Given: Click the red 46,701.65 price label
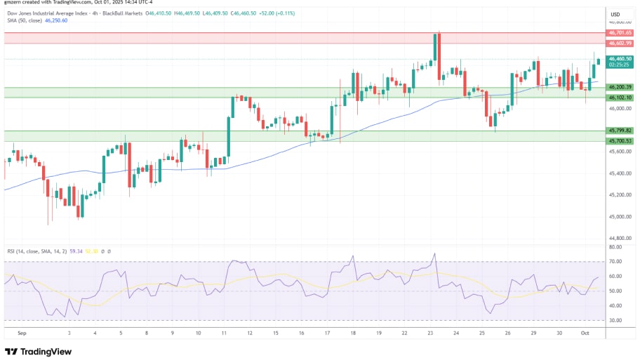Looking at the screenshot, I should point(620,32).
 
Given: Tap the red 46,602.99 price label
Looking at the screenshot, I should point(620,43).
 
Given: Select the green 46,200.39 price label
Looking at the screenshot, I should point(620,87).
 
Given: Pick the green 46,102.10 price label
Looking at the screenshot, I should point(620,98).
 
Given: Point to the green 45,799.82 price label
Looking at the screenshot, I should point(620,131).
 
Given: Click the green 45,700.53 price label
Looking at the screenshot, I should point(620,141).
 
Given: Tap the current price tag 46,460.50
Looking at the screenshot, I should point(620,59).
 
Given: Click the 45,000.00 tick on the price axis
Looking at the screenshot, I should point(620,217).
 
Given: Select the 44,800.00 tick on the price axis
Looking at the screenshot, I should point(620,239).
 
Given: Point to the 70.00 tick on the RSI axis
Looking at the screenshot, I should point(615,262).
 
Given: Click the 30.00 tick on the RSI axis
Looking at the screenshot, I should point(615,320).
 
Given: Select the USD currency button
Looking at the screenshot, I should point(615,14).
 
